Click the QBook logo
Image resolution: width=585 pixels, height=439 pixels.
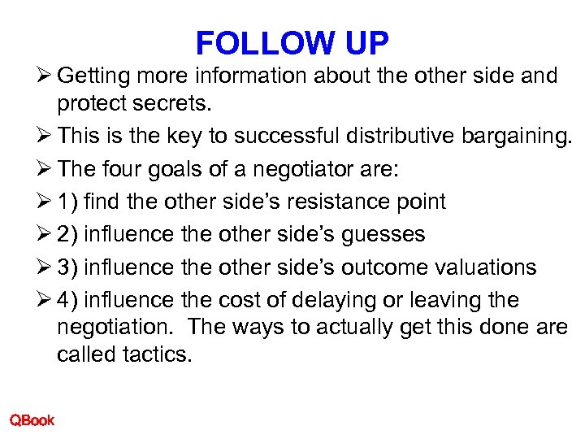point(32,420)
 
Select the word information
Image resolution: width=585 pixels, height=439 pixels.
point(245,76)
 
